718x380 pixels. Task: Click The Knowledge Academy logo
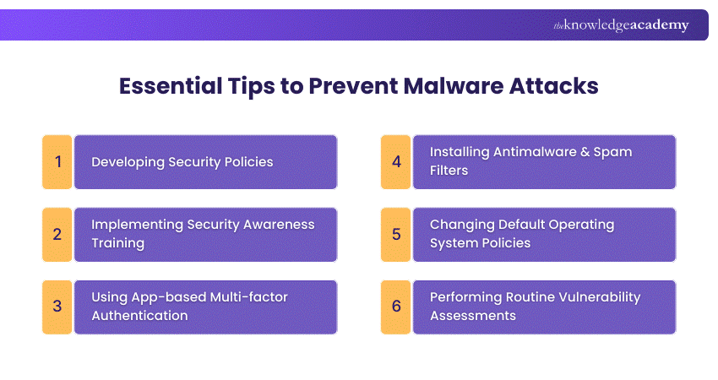tap(621, 25)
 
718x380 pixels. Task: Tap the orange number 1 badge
tap(57, 161)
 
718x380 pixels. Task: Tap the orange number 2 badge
tap(57, 234)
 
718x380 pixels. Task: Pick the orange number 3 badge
tap(57, 307)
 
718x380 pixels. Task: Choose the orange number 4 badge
tap(395, 161)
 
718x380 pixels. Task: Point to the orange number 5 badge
tap(395, 234)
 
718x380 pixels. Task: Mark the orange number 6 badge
tap(395, 307)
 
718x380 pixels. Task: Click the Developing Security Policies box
tap(205, 161)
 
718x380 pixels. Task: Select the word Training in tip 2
tap(118, 243)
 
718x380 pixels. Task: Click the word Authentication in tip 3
tap(139, 316)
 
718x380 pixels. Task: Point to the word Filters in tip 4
tap(449, 171)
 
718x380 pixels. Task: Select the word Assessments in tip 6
tap(473, 316)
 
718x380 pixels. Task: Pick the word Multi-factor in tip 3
tap(254, 297)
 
